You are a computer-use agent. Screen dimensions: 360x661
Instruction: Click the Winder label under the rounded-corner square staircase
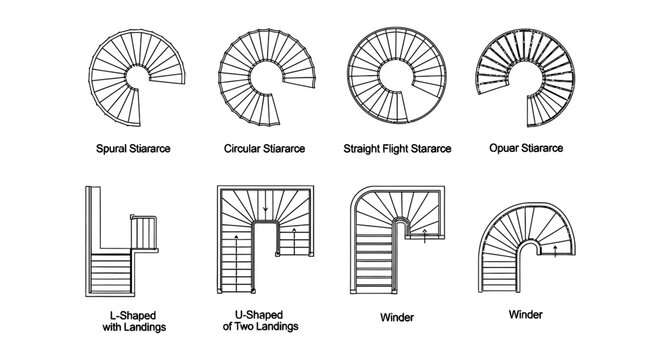(x=398, y=319)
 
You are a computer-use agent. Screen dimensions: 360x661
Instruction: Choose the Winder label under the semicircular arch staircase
(x=525, y=314)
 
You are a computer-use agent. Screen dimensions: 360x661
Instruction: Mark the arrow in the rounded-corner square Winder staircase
(x=424, y=236)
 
